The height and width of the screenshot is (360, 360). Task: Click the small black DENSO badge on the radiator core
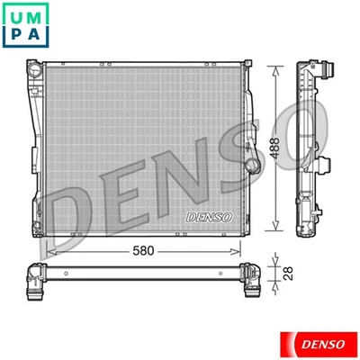[x=209, y=217]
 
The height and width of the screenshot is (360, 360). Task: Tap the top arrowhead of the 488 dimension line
[x=271, y=67]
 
